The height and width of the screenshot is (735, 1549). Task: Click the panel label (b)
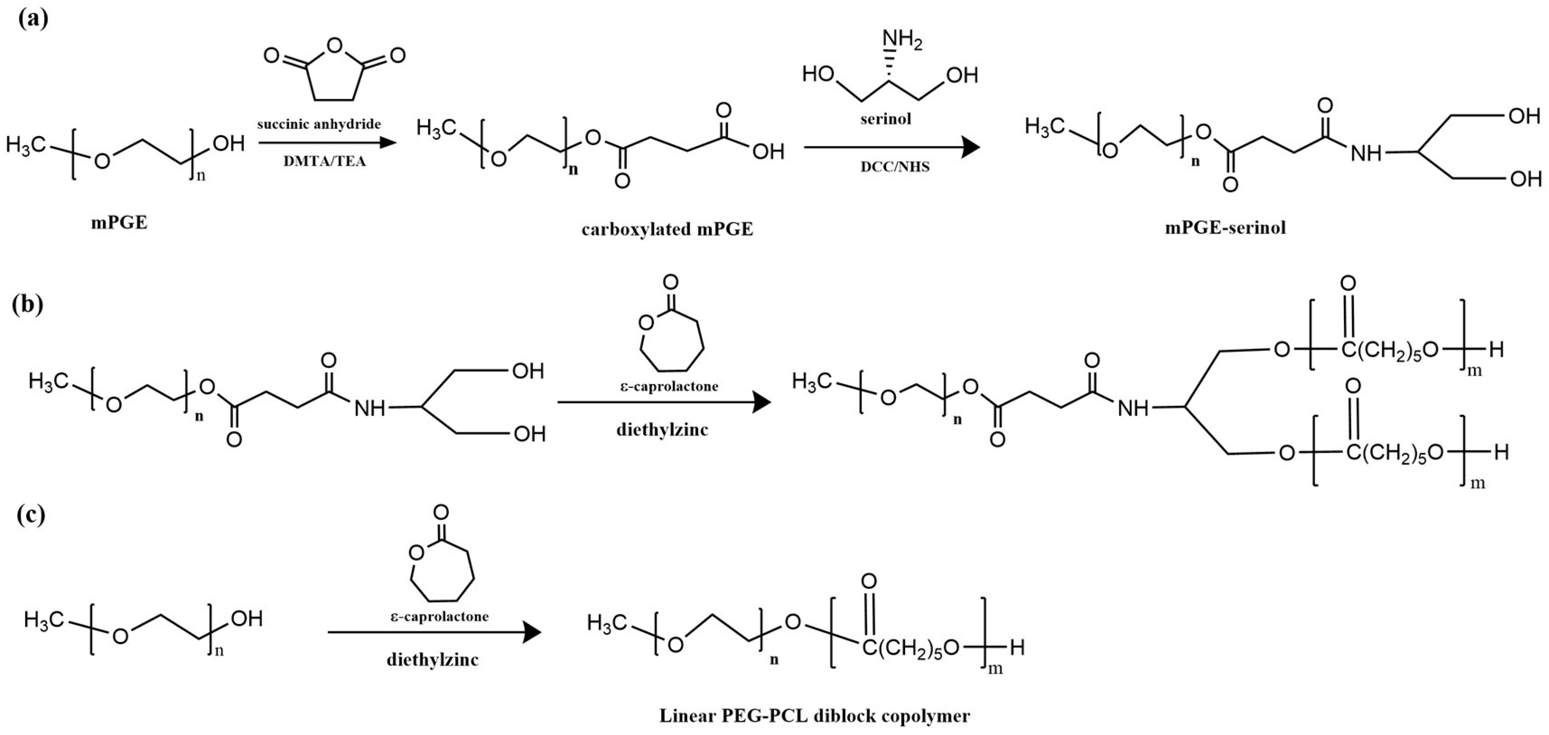coord(27,304)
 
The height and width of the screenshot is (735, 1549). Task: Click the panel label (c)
coord(28,516)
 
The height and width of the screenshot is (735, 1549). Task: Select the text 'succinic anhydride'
coord(319,124)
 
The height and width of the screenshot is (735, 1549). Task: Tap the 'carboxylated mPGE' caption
coord(667,230)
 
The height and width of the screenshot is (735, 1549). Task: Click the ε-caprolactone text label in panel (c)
coord(439,616)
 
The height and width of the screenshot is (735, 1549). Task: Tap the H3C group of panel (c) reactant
coord(45,620)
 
